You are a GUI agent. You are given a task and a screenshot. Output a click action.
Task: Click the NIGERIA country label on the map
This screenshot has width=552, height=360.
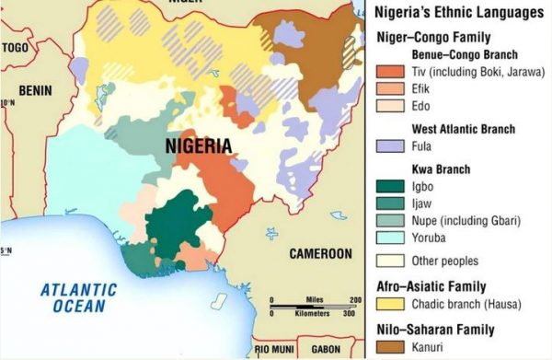coord(198,145)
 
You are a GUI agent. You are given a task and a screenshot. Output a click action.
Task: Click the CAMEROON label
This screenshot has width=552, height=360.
coord(321,252)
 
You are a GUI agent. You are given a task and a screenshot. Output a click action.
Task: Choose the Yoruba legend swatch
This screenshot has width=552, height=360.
coord(389,238)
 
